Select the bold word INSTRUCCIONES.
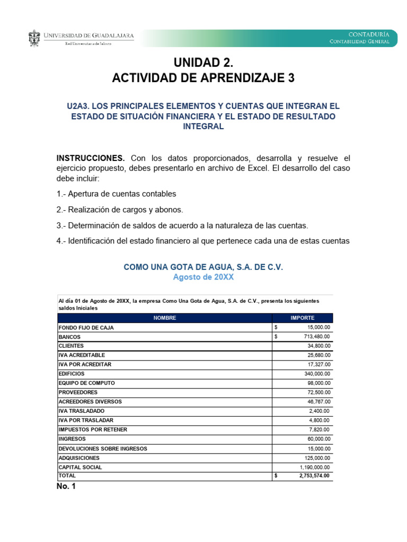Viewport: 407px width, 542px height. click(91, 158)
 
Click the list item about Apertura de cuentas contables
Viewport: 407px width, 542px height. click(116, 194)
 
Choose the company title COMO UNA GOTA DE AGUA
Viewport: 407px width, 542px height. click(203, 267)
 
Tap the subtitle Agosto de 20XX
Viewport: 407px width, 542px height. click(203, 277)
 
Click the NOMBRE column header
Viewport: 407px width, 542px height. click(164, 318)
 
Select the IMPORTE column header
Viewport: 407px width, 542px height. click(302, 318)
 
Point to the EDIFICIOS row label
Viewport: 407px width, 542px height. click(72, 374)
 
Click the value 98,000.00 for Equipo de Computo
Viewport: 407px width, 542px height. click(316, 383)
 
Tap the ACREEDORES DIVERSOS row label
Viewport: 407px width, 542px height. click(90, 402)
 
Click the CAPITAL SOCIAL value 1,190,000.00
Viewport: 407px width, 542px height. click(314, 467)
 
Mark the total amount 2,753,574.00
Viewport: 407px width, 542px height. click(312, 476)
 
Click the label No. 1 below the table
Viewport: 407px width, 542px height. click(66, 486)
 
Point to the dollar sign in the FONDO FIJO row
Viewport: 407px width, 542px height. click(276, 328)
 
